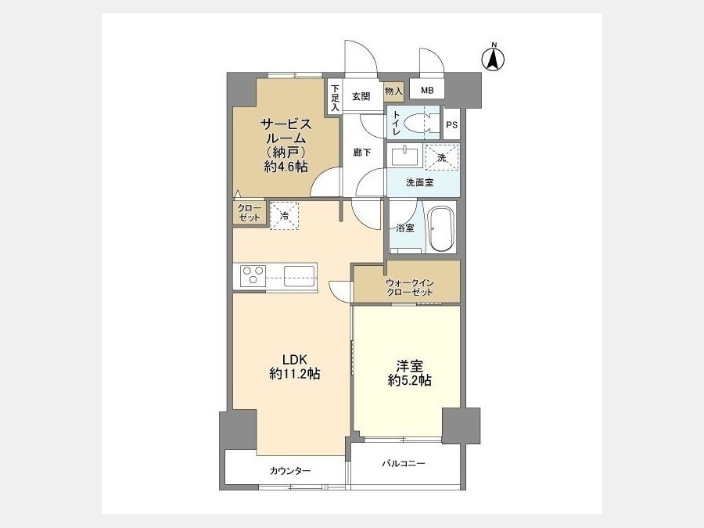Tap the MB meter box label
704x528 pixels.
427,91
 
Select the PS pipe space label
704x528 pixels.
451,125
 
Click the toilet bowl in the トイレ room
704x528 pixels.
418,122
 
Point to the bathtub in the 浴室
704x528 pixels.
442,229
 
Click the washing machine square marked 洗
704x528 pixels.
442,157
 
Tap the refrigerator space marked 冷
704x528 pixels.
284,215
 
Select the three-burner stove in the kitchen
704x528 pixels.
253,275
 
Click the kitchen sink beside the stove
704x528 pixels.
299,275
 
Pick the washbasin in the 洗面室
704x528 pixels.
405,156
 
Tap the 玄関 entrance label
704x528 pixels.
361,96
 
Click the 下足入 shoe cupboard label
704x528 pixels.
336,98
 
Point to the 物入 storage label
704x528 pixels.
393,92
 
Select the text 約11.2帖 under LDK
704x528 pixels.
295,374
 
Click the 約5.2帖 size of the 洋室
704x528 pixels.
409,380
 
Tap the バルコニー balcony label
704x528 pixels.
404,463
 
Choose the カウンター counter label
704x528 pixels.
290,471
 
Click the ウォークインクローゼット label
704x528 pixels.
409,288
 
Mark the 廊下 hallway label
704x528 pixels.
362,153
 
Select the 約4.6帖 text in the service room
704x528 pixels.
286,167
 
